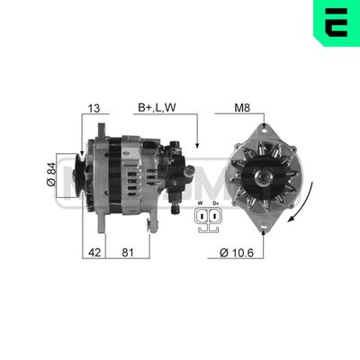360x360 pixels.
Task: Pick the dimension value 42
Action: [x=94, y=253]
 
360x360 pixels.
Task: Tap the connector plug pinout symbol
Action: [x=208, y=220]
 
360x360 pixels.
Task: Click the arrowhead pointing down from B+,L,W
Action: [x=196, y=144]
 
